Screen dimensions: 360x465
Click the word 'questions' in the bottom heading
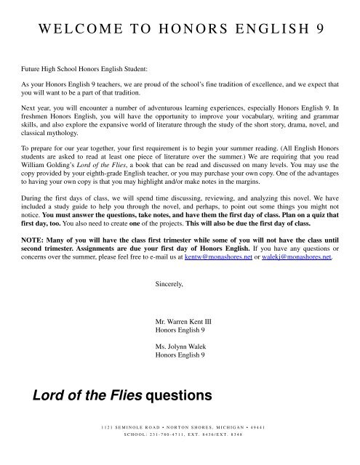click(x=171, y=397)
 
